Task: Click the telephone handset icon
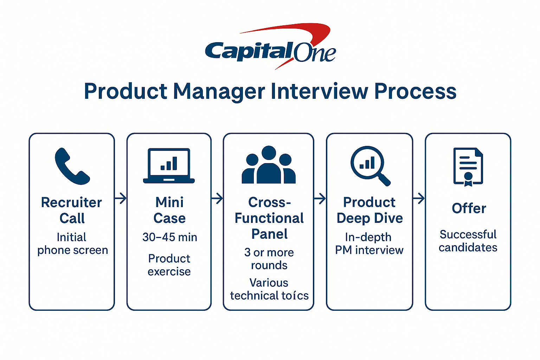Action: pos(72,166)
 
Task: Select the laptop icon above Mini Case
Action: pos(169,166)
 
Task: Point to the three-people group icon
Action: pos(269,165)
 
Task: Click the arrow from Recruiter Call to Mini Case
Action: pos(121,198)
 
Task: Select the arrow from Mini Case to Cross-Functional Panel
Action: pos(217,198)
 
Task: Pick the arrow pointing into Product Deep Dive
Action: pos(320,199)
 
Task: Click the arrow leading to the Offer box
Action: pos(419,199)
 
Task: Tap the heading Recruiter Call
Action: pos(72,210)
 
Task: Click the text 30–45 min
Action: pos(169,237)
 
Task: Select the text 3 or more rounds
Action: pos(269,259)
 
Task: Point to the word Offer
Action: pos(469,208)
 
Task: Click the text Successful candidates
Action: pos(468,241)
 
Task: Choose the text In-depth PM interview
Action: pos(369,244)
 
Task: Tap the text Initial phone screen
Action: pos(72,244)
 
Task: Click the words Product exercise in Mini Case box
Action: pos(169,265)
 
